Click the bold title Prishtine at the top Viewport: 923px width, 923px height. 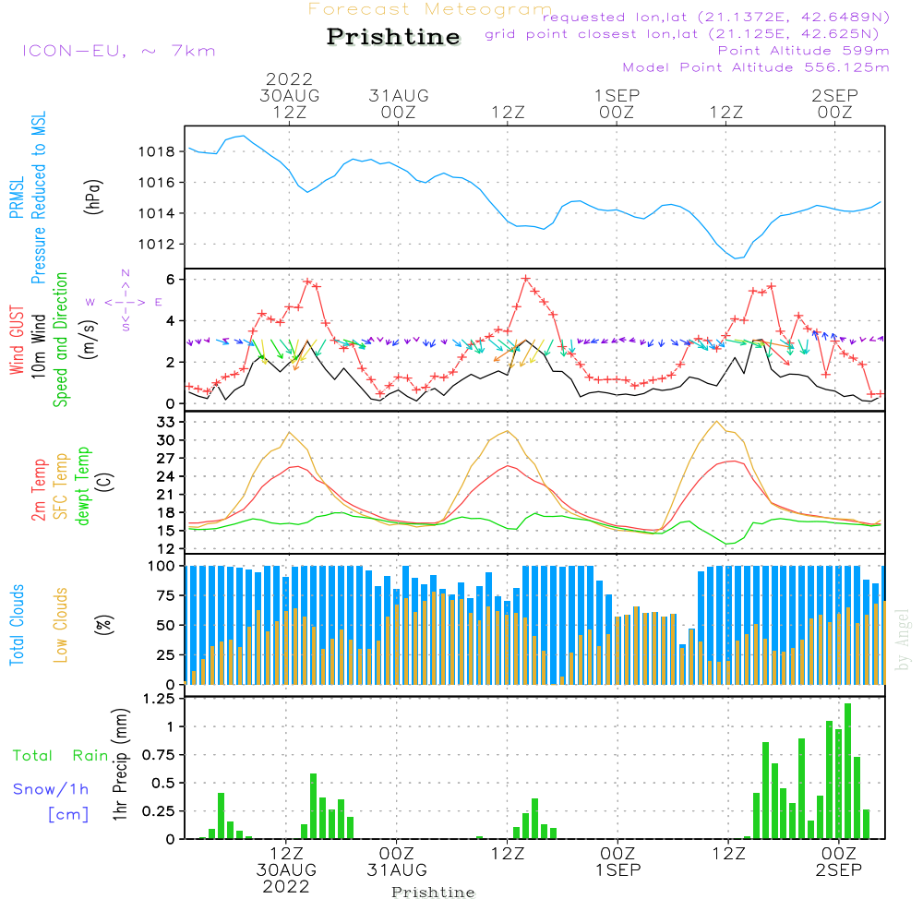tap(393, 37)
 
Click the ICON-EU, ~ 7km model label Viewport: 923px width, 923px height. tap(119, 51)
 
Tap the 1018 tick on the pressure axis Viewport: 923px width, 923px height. tap(157, 152)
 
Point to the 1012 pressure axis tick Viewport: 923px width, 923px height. tap(157, 245)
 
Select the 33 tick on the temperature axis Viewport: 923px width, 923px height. tap(166, 422)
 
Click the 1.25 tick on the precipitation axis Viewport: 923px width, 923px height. tap(159, 699)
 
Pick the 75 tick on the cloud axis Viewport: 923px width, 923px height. tap(166, 595)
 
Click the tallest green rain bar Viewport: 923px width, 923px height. tap(847, 771)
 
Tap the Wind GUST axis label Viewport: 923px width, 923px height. tap(17, 340)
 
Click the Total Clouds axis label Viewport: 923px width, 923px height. tap(17, 625)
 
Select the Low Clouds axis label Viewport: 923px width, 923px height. tap(60, 625)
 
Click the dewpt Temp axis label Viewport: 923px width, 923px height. tap(82, 485)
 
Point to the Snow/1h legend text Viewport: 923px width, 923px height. tap(51, 789)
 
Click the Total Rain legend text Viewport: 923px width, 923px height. tap(61, 756)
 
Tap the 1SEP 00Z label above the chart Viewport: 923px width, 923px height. tap(617, 103)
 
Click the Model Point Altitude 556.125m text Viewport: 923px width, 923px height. tap(756, 67)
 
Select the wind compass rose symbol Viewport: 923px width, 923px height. tap(125, 302)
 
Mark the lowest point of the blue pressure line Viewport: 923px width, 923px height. tap(736, 258)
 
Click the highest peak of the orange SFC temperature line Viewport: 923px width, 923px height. tap(716, 422)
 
